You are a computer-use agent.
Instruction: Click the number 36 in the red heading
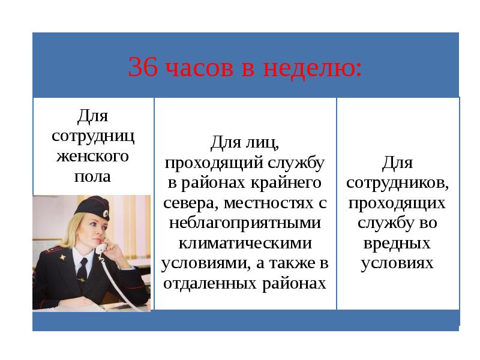click(143, 67)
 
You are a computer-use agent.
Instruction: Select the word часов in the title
click(200, 68)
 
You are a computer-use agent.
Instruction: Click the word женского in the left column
click(92, 156)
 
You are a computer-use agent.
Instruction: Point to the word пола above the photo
click(92, 176)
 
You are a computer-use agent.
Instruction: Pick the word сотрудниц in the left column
click(93, 137)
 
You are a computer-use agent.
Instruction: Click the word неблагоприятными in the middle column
click(245, 223)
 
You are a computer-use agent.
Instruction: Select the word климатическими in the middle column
click(245, 243)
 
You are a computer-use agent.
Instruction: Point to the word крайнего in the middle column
click(286, 183)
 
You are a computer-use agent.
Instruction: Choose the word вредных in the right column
click(397, 243)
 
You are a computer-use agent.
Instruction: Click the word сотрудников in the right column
click(398, 184)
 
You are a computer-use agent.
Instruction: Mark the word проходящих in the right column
click(397, 203)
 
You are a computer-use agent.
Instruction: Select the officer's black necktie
click(82, 272)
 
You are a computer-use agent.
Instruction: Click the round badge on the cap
click(106, 214)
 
